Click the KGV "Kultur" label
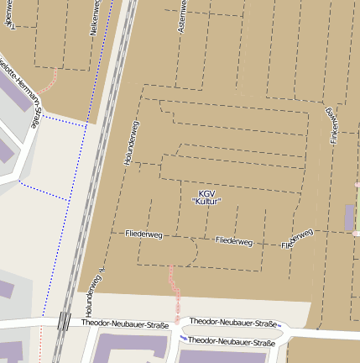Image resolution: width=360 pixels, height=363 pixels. tap(206, 197)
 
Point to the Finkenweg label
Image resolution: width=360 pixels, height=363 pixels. tap(333, 124)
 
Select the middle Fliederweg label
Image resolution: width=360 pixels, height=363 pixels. tap(233, 240)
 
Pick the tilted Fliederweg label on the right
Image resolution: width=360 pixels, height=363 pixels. tap(298, 239)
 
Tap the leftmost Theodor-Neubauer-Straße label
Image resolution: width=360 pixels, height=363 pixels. tap(125, 324)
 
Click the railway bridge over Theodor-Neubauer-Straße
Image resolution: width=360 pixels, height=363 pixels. tap(64, 321)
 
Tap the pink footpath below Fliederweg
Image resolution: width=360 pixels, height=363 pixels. tap(174, 287)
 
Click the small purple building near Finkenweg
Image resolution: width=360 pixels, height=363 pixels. tap(349, 217)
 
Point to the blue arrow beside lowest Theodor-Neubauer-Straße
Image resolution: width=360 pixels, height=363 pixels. tap(183, 338)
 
